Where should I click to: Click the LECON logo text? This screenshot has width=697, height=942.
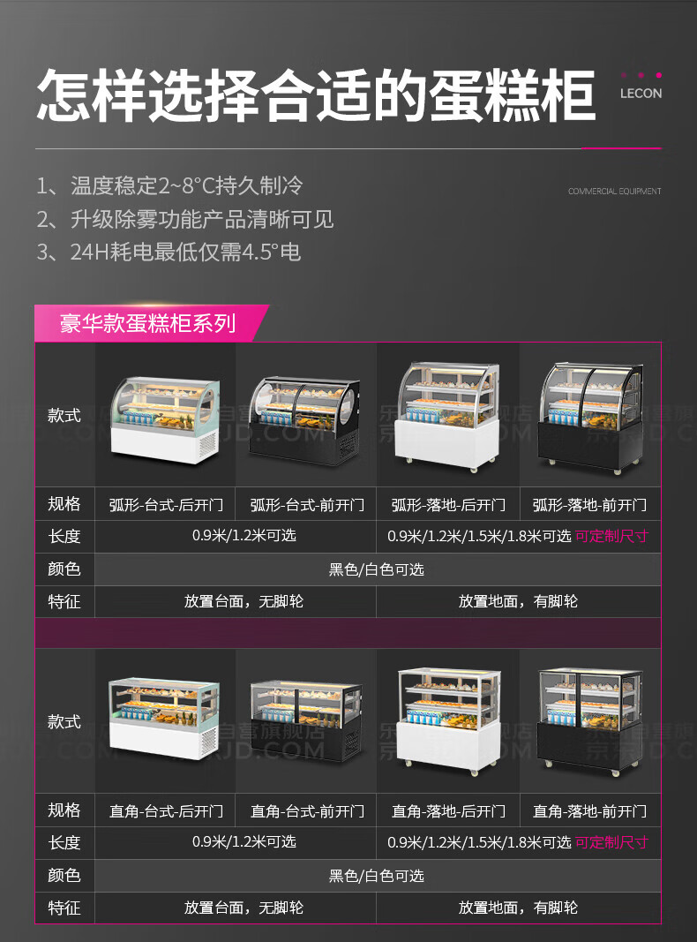point(641,93)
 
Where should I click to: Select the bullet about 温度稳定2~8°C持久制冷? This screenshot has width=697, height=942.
point(169,185)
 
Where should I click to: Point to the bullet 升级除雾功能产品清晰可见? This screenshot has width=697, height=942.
point(185,219)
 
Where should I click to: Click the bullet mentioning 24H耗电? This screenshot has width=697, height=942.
point(169,252)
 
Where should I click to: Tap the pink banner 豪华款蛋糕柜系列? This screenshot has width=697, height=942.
point(147,323)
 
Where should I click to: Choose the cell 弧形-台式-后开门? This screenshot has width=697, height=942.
point(166,505)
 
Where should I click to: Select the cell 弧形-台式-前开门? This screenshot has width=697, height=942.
point(307,505)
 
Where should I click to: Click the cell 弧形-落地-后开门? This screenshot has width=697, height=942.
point(448,505)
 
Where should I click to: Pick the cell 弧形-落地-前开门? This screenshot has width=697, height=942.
point(589,505)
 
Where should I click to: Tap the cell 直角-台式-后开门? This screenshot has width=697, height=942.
point(166,810)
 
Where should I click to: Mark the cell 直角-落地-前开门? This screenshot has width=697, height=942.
point(589,810)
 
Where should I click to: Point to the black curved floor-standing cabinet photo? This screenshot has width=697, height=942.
point(590,415)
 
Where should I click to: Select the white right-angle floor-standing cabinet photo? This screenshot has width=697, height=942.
point(448,721)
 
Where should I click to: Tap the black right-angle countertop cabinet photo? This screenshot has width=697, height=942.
point(306,721)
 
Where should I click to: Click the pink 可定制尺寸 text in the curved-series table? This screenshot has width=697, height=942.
point(611,536)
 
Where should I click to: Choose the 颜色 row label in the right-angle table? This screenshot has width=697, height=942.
point(64,875)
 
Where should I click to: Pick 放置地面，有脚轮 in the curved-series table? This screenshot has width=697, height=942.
point(519,601)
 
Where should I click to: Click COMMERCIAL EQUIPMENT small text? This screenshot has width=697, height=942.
point(614,191)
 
